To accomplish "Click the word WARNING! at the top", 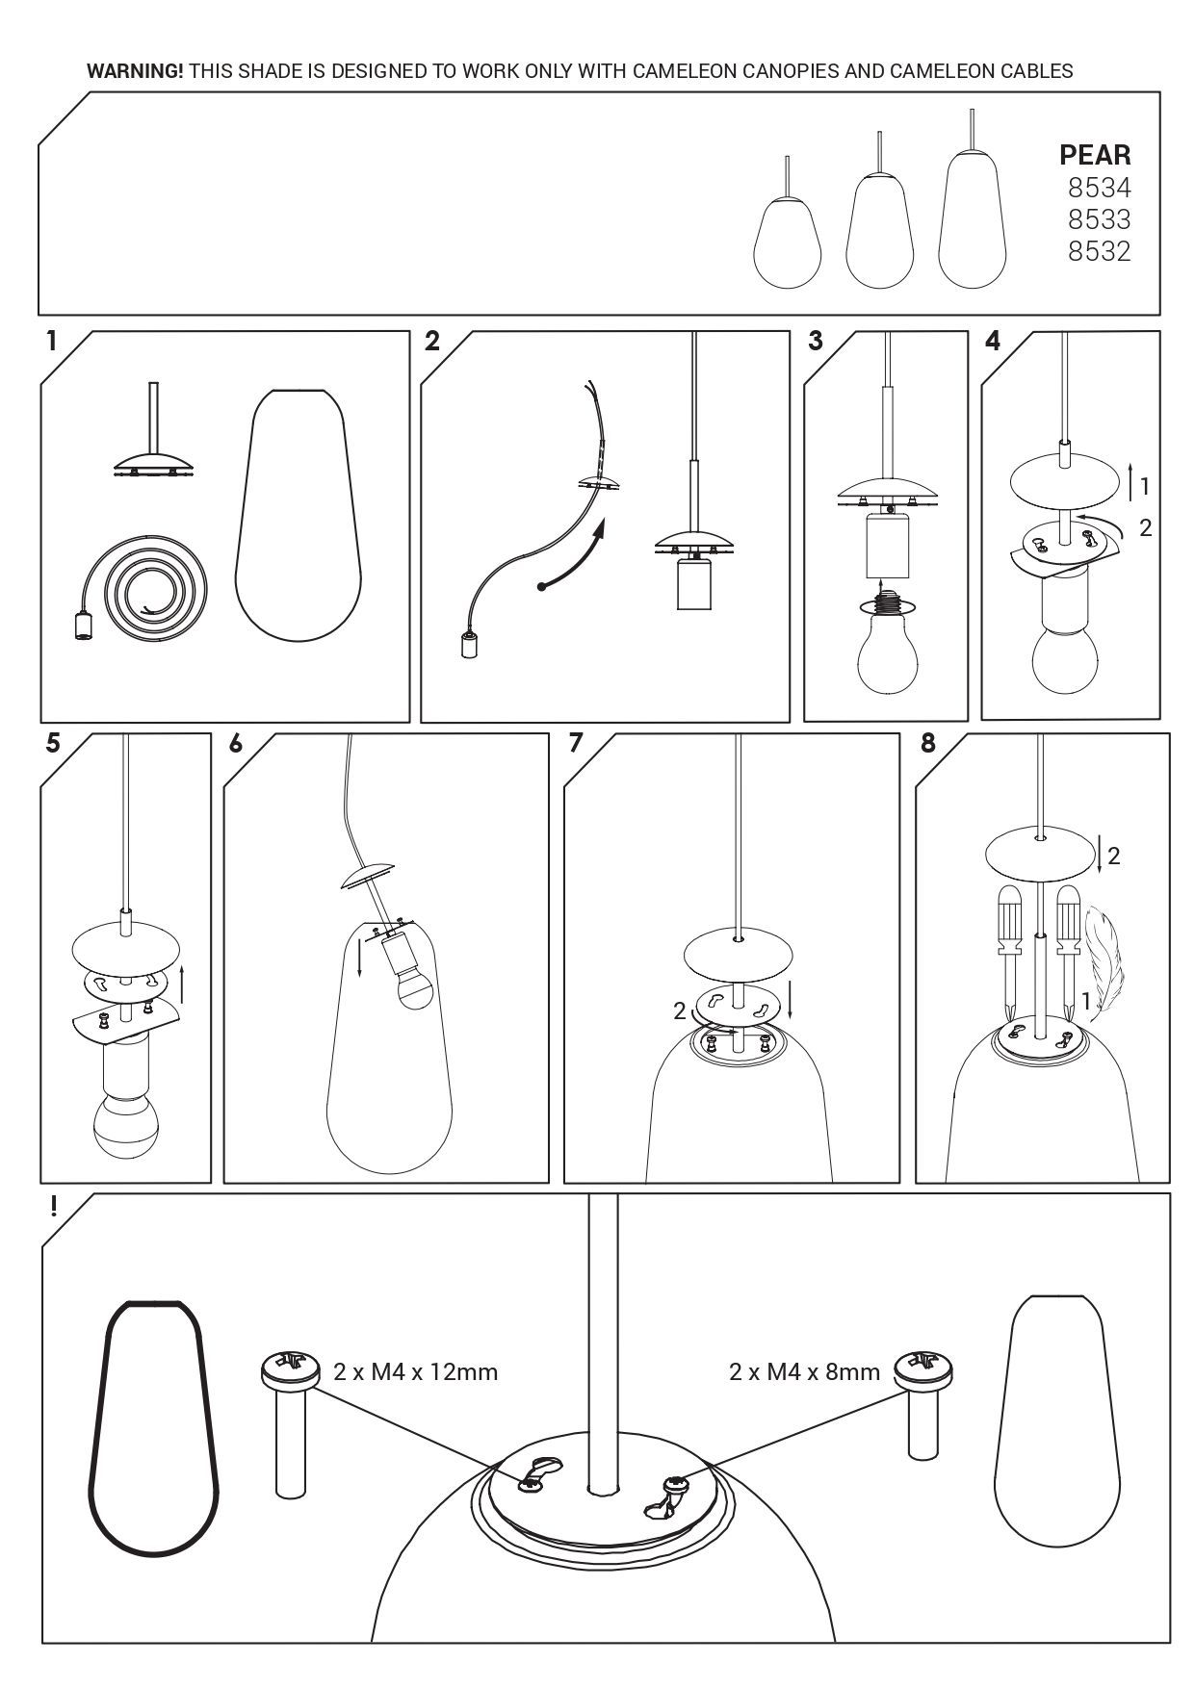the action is (135, 70).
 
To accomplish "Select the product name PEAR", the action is (1095, 155).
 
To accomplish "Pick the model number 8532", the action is (1099, 251).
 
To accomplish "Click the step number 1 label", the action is (51, 341).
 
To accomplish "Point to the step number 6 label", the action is (236, 743).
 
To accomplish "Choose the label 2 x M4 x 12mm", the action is (416, 1371).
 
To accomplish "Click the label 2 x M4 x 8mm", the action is (805, 1371).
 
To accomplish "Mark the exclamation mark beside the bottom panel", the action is (54, 1206).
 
